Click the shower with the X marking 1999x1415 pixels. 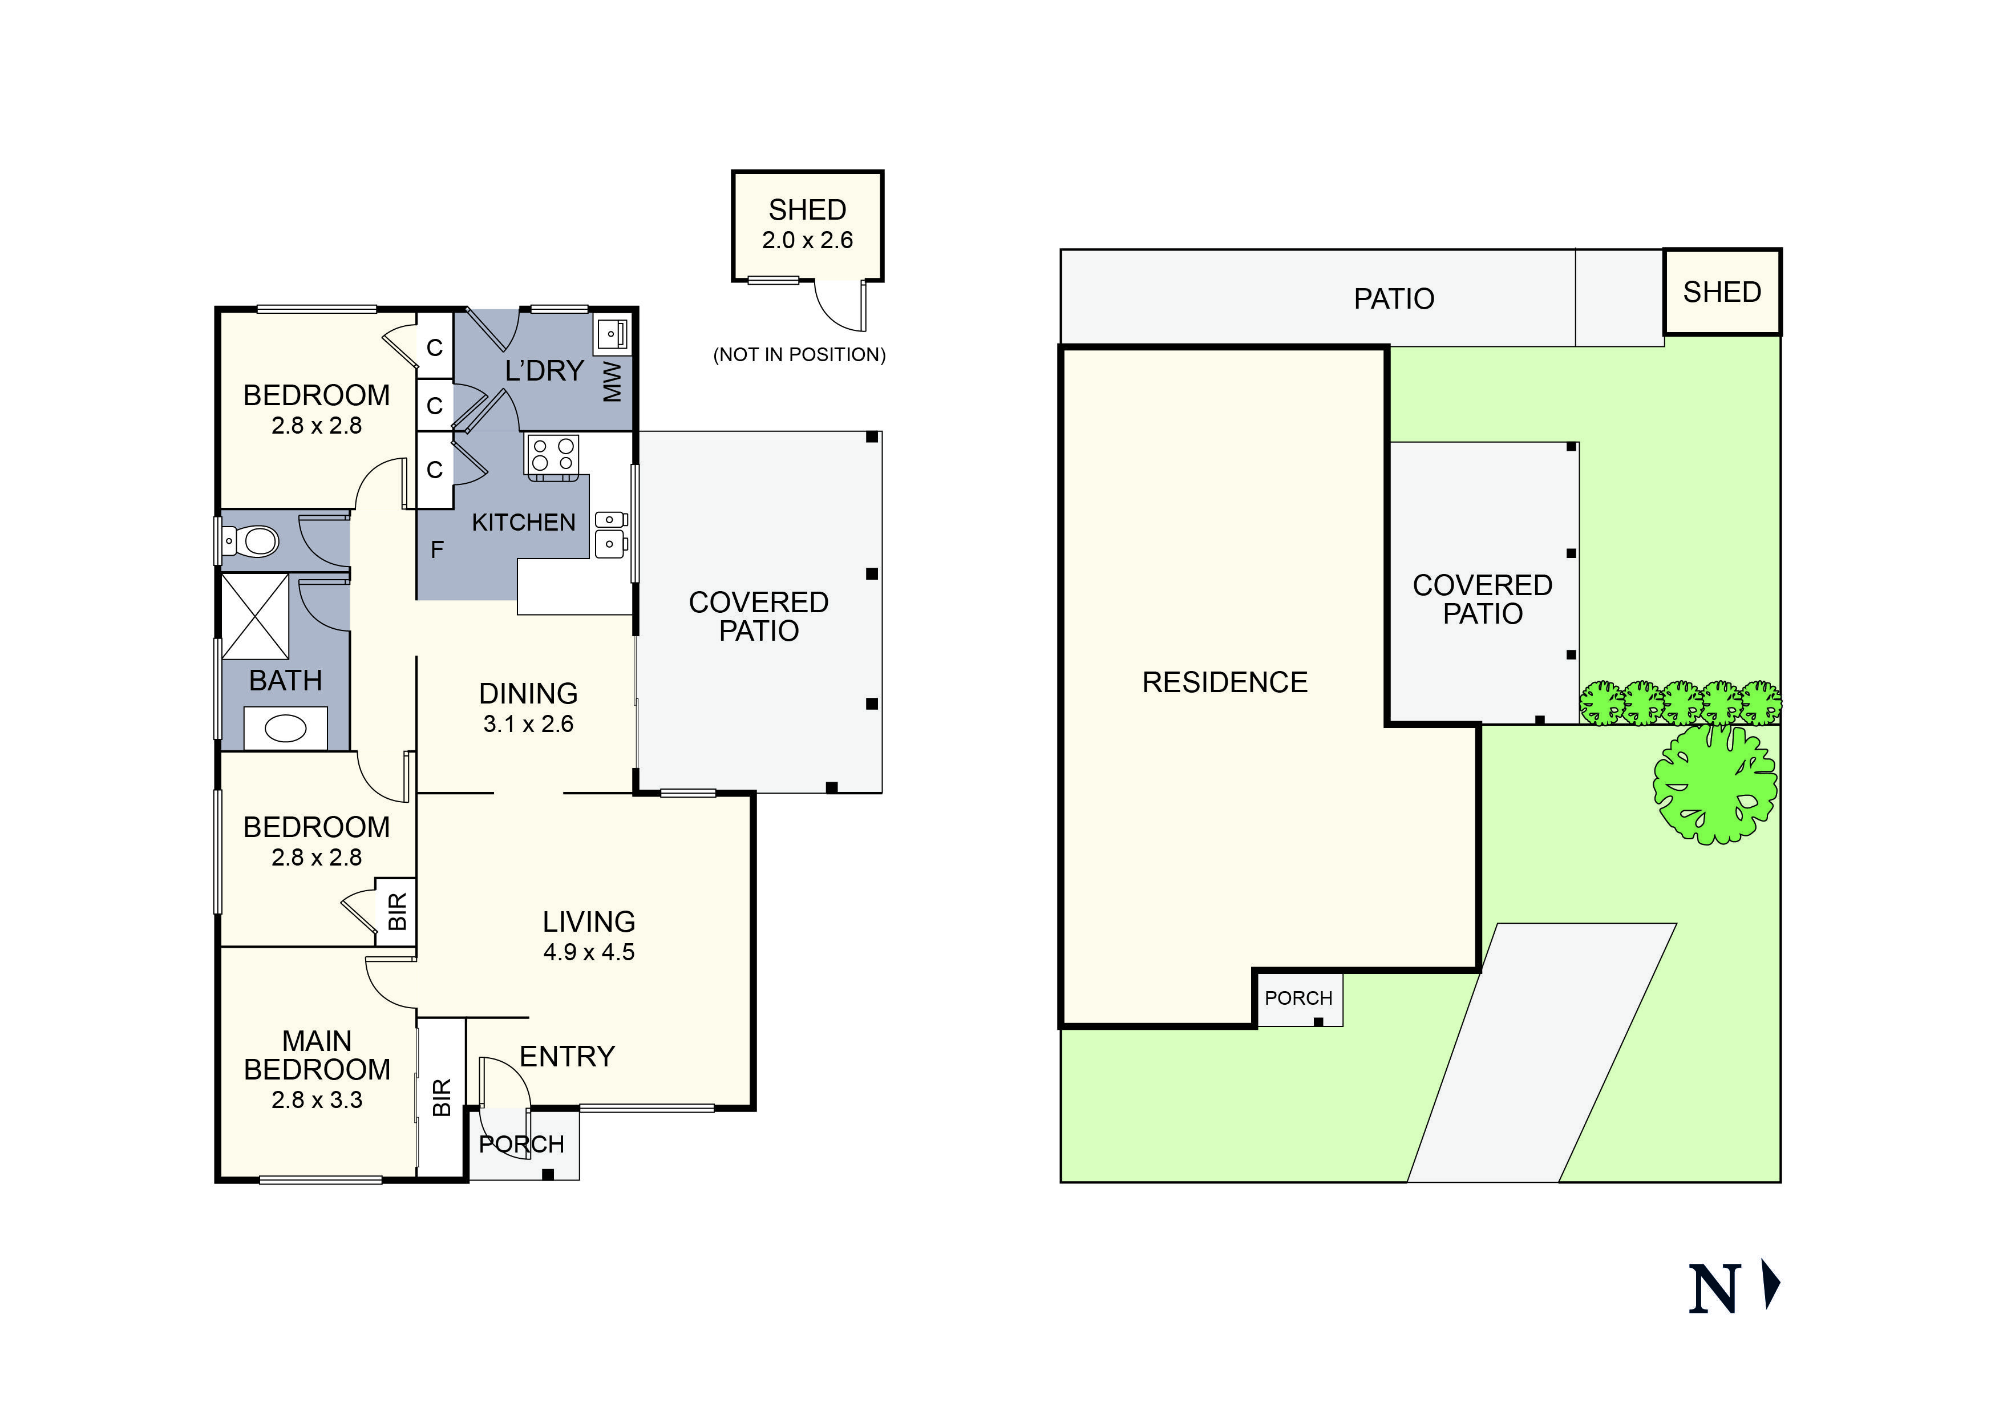click(255, 616)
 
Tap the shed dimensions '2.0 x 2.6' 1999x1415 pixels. click(807, 240)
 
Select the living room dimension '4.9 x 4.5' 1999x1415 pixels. click(589, 952)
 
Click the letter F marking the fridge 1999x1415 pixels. click(437, 550)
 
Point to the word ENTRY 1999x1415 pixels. click(567, 1057)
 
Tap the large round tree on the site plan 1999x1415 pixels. click(1714, 782)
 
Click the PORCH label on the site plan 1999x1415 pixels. click(1298, 998)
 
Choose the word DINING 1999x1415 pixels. click(528, 694)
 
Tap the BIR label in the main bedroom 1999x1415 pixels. click(442, 1097)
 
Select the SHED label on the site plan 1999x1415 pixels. click(1721, 292)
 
